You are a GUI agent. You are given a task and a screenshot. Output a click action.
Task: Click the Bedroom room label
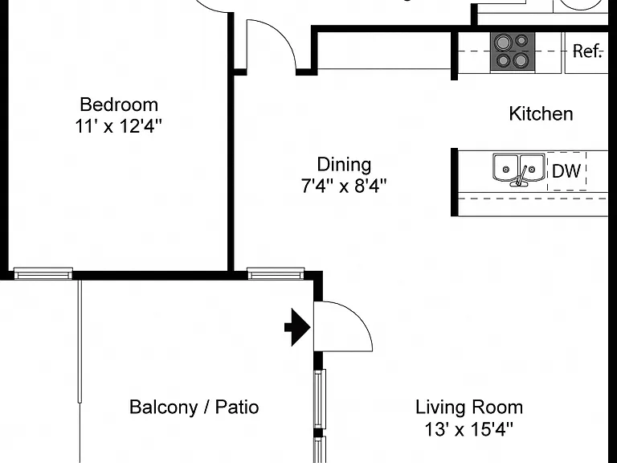tap(119, 104)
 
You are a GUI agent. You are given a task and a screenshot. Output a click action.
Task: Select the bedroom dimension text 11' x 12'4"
tap(118, 126)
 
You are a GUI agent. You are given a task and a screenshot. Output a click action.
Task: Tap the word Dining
tap(344, 165)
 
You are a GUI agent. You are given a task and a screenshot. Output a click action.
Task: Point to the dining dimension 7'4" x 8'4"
tap(344, 186)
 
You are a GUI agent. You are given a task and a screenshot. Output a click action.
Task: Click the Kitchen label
tap(541, 114)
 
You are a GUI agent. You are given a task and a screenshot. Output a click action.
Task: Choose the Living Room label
tap(469, 407)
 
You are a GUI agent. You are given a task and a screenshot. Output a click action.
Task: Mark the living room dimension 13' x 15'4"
tap(469, 429)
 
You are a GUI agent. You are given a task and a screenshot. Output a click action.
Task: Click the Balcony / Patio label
tap(194, 407)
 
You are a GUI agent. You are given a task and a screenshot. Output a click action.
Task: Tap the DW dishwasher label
tap(566, 171)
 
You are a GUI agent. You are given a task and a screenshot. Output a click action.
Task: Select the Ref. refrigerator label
tap(587, 51)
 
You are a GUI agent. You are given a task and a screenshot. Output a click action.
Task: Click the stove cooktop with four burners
tap(513, 52)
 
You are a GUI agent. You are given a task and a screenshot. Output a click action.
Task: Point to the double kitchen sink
tap(519, 170)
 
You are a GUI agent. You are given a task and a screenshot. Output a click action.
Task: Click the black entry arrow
tap(297, 327)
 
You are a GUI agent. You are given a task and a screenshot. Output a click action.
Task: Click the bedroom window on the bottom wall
tap(43, 273)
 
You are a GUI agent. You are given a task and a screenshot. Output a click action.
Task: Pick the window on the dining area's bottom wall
tap(276, 273)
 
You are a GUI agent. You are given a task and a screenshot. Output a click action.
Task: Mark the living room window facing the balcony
tap(320, 399)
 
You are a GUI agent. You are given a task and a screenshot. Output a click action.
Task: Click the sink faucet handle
tap(522, 175)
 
